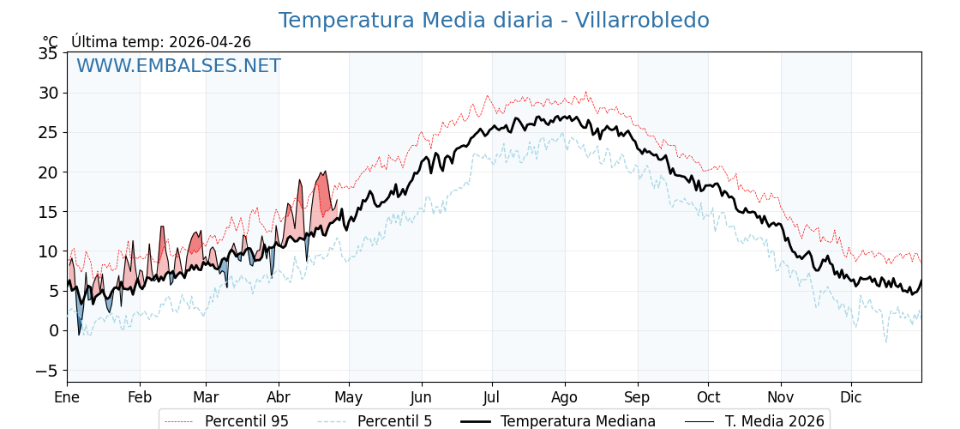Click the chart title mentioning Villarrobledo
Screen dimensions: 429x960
pos(494,21)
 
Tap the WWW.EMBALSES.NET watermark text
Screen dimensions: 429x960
pos(178,66)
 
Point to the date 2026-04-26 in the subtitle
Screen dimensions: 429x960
pos(210,42)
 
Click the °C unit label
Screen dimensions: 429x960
pos(51,42)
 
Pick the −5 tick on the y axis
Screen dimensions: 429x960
pos(46,371)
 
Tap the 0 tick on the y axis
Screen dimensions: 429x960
pos(53,330)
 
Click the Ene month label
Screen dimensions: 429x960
pos(67,397)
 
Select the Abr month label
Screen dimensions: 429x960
pos(278,397)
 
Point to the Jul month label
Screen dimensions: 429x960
pos(492,397)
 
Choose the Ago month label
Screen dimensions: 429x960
pos(565,397)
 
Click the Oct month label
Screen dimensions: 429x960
pos(708,397)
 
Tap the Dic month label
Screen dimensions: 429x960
pos(851,397)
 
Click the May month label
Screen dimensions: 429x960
pos(349,397)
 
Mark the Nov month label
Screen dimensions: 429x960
pos(781,397)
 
